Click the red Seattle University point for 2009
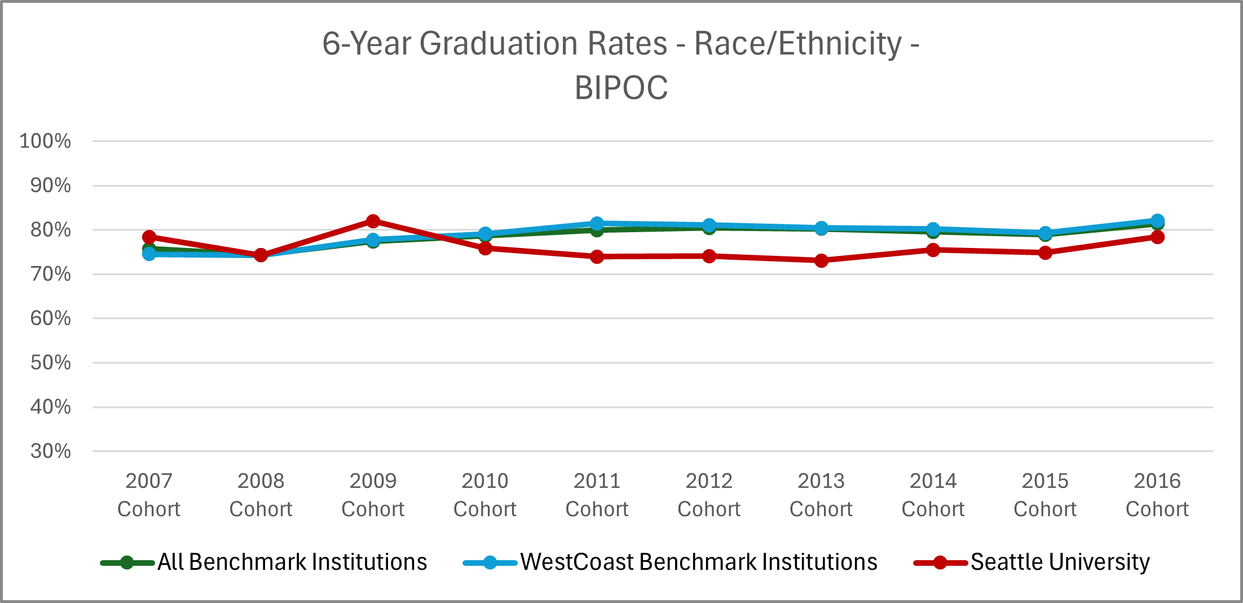coord(373,221)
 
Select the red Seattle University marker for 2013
coord(821,260)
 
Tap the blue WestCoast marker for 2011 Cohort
coord(597,224)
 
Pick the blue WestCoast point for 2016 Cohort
coord(1157,221)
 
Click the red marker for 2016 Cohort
coord(1157,237)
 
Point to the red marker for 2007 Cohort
coord(149,237)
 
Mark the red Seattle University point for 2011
coord(597,256)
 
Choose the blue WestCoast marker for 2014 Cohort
coord(933,229)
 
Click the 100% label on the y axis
coord(45,141)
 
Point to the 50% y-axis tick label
coord(50,362)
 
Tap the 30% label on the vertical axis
coord(50,451)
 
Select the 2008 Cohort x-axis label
coord(261,495)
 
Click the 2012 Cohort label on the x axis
coord(709,495)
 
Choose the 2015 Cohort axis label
coord(1045,495)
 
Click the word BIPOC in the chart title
coord(621,88)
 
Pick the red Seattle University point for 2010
coord(485,248)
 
